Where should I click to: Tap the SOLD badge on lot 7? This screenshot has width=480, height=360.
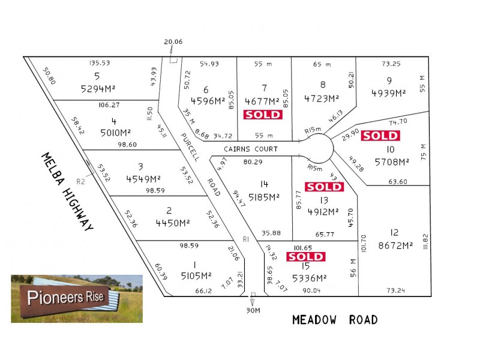coord(262,115)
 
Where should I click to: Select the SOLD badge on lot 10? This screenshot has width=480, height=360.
coord(380,136)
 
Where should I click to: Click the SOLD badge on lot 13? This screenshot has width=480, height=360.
coord(324,187)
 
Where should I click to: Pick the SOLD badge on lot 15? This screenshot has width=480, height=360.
coord(305,257)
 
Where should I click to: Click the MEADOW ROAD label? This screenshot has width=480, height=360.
coord(335,320)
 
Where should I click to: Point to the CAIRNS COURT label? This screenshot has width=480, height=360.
coord(251,149)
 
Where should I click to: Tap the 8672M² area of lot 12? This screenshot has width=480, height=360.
coord(394,245)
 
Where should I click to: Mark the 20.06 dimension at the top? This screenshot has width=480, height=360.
coord(173,41)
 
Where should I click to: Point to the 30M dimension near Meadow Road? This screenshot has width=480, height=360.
coord(253,311)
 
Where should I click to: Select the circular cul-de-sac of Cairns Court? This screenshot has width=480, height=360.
coord(319,148)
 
